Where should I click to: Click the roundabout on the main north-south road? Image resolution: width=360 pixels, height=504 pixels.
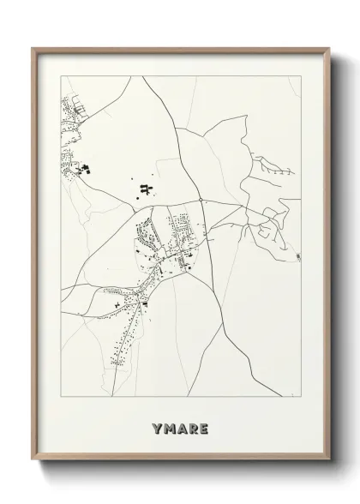coord(201,200)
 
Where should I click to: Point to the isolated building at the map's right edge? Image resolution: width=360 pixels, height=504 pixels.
coord(297,256)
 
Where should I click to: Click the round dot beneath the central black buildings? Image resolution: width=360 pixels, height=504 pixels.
coord(136,201)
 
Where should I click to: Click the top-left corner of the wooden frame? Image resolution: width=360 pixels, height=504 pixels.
coord(33,47)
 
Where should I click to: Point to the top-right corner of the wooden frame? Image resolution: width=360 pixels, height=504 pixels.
coord(327,47)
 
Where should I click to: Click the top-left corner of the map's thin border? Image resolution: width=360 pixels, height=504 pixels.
coord(60,76)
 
